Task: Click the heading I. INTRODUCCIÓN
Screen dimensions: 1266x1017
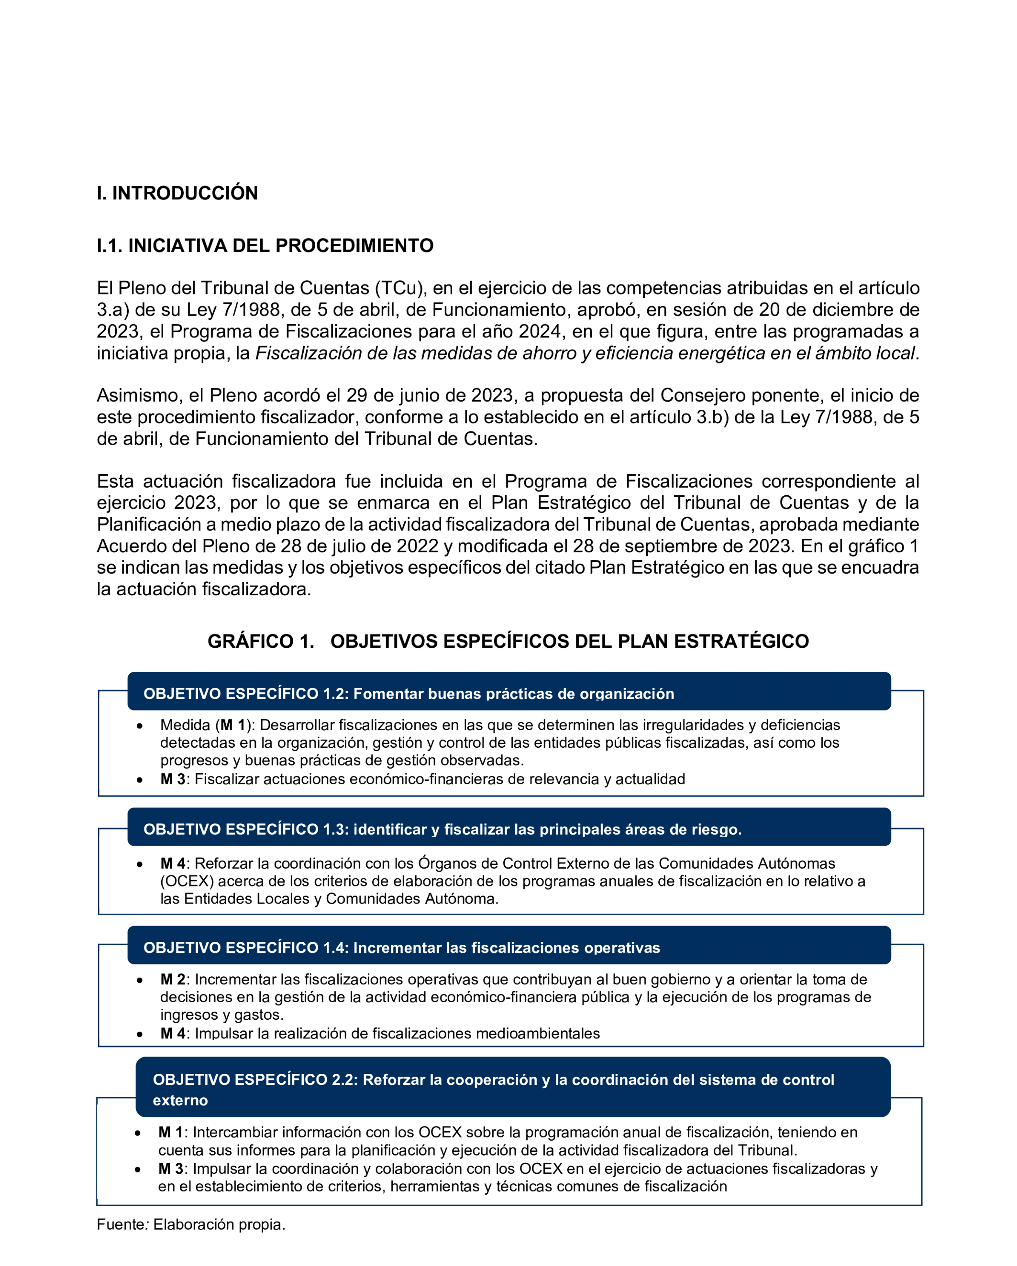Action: (177, 193)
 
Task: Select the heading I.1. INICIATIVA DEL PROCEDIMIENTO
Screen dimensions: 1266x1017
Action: (265, 245)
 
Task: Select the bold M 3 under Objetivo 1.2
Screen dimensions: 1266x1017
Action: (172, 779)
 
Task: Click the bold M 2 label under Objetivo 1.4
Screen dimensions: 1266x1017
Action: (172, 980)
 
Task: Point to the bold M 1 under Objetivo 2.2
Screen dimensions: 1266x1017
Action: (170, 1132)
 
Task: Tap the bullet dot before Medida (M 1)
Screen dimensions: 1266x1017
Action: (139, 726)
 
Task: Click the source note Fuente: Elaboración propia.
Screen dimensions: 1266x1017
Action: (191, 1224)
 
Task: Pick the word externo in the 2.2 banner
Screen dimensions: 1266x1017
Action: (180, 1101)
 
